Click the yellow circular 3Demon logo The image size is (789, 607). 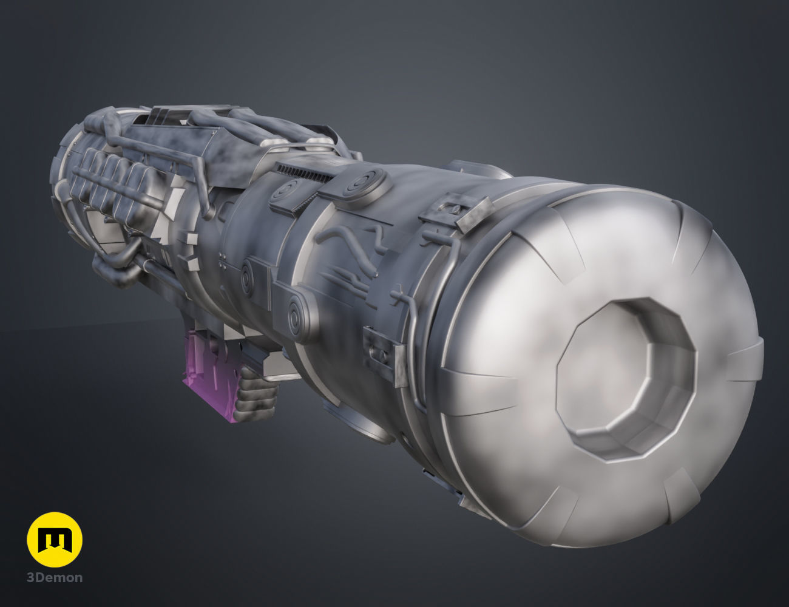pyautogui.click(x=55, y=539)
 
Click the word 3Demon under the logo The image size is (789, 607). pyautogui.click(x=55, y=577)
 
